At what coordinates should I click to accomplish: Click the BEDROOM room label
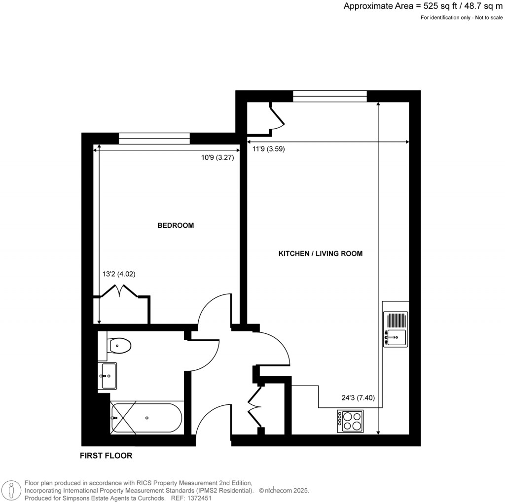point(175,225)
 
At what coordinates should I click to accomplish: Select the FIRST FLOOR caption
point(106,456)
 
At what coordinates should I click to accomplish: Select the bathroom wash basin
point(108,376)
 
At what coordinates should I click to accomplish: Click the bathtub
point(146,418)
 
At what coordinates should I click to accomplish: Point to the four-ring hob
point(350,421)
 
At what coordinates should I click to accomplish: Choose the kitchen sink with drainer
point(396,328)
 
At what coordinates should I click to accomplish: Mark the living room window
point(330,97)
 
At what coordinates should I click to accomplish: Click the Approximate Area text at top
point(423,6)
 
